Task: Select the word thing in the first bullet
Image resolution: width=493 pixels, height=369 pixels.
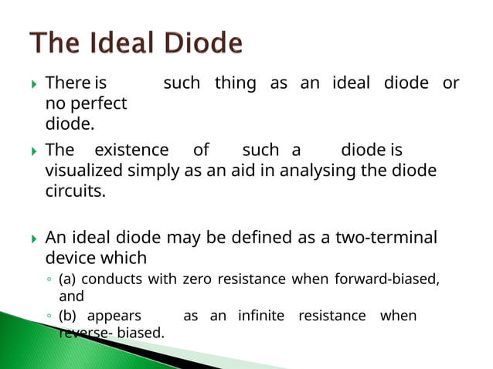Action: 235,83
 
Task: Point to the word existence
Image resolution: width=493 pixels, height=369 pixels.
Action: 131,150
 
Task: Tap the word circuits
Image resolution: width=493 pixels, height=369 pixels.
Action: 75,190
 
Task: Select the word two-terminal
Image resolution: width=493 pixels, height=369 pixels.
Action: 386,237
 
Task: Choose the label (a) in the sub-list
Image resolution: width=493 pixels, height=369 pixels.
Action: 69,279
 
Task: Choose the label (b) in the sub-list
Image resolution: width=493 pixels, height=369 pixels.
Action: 69,316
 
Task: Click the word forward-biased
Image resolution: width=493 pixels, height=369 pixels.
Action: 386,279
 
